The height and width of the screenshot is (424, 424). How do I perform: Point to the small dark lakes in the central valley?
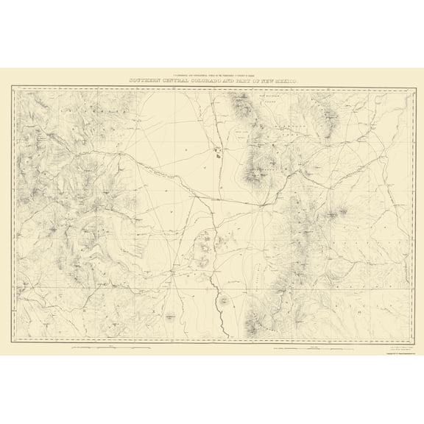[x=218, y=154]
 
